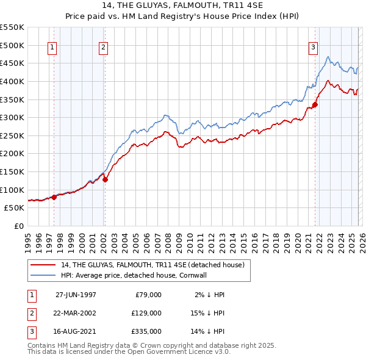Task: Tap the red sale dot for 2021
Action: pyautogui.click(x=315, y=104)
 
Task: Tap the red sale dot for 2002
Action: pyautogui.click(x=105, y=179)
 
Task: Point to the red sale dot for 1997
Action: pyautogui.click(x=54, y=197)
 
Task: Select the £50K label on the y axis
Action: pyautogui.click(x=15, y=207)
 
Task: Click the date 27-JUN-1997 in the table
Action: pyautogui.click(x=76, y=295)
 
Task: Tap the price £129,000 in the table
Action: pyautogui.click(x=147, y=313)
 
